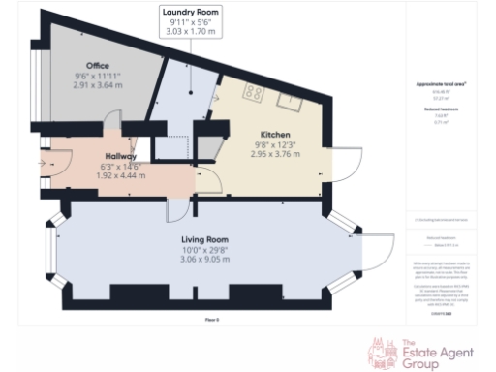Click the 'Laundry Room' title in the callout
[x=190, y=11]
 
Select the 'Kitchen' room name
[x=276, y=134]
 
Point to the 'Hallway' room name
[x=121, y=156]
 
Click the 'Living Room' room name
[x=203, y=238]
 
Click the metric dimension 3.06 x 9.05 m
[x=203, y=260]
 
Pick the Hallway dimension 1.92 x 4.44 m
[x=121, y=177]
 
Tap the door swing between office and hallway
[x=112, y=125]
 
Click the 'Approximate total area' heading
[x=436, y=85]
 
